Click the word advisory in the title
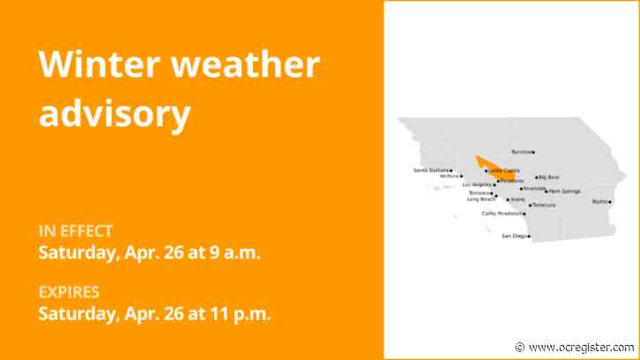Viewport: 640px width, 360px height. (x=115, y=114)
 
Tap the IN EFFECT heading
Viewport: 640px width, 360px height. (x=76, y=232)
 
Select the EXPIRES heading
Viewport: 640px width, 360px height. (x=69, y=292)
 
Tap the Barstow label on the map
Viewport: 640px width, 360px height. (x=521, y=152)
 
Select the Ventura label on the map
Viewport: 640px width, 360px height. (x=448, y=176)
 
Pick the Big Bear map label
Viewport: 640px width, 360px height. (x=549, y=177)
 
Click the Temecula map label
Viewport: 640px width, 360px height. (x=544, y=206)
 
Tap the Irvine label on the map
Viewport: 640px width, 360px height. (x=516, y=199)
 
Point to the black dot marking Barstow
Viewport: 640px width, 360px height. (x=533, y=152)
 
